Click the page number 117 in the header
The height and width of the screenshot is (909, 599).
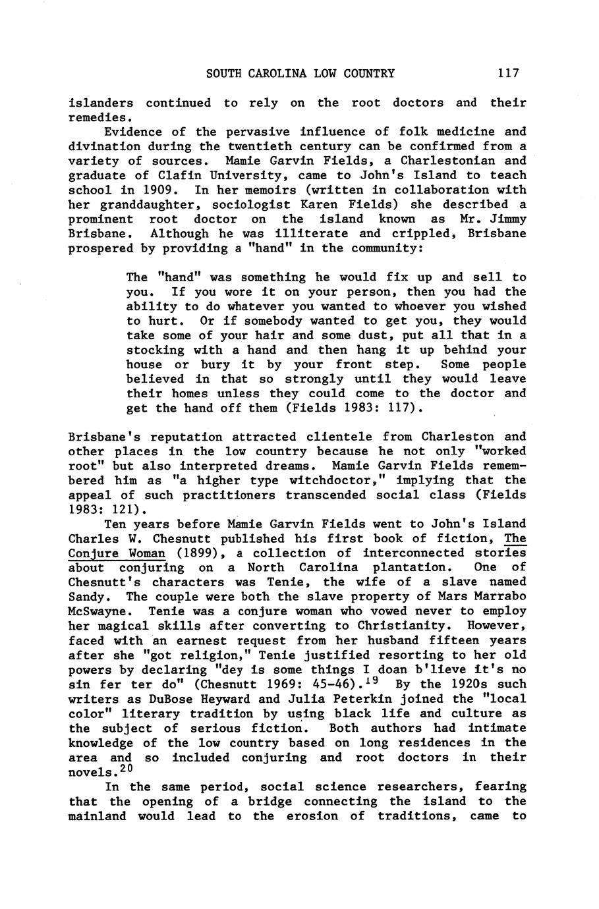point(509,73)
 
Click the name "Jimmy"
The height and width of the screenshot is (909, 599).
point(508,219)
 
